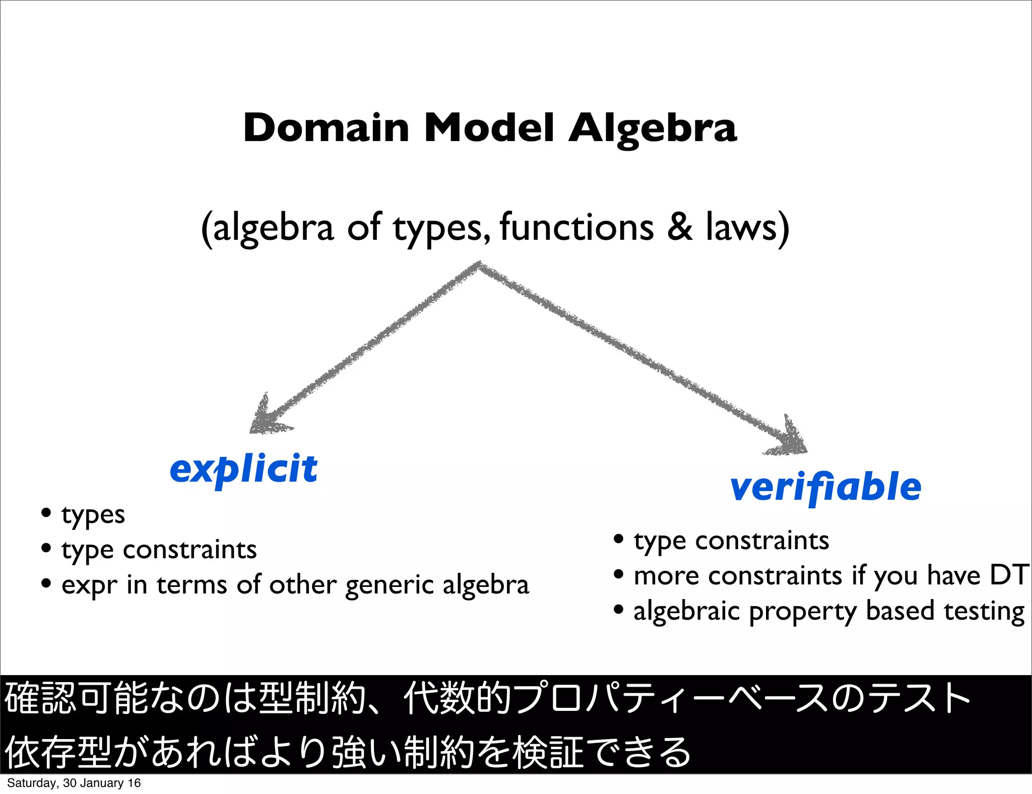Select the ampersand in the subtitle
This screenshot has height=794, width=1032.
tap(680, 227)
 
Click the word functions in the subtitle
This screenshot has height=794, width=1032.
tap(576, 227)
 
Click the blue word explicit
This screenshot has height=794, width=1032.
tap(244, 469)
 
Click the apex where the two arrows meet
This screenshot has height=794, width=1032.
tap(479, 264)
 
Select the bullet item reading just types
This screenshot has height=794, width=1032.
tap(93, 515)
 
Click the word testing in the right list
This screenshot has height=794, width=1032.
tap(984, 611)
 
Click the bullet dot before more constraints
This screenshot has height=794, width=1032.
tap(619, 574)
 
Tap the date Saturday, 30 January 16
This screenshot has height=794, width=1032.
tap(74, 783)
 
